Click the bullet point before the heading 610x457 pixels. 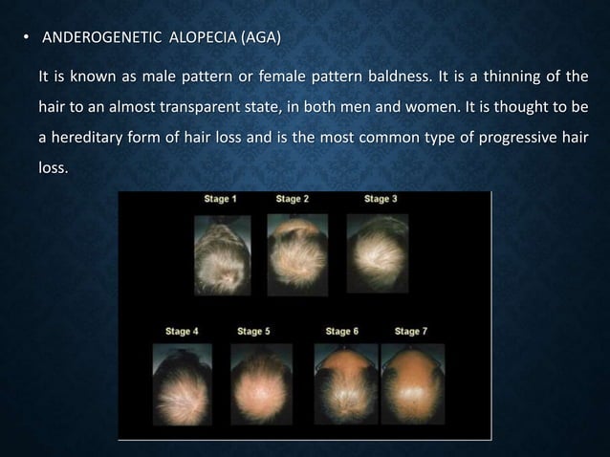coord(27,39)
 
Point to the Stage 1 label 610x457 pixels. coord(221,199)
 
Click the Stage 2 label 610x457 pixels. coord(293,199)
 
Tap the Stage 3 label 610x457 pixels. coord(381,199)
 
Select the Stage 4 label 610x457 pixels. coord(182,332)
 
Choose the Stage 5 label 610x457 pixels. coord(253,332)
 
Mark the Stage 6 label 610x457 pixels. coord(342,332)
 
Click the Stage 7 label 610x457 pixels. coord(411,332)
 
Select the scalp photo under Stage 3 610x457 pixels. coord(377,250)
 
